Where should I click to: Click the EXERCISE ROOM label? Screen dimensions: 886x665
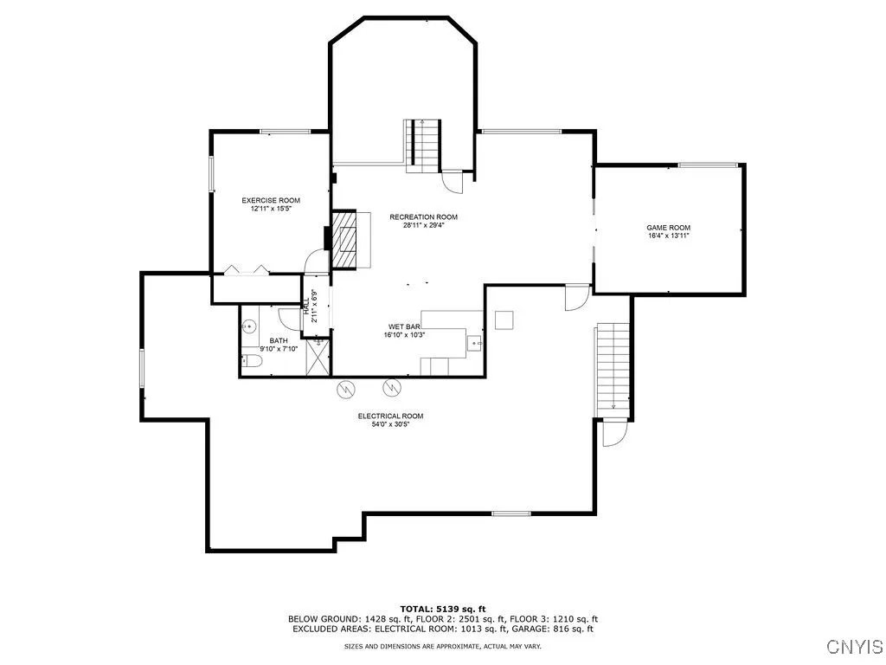[x=271, y=200]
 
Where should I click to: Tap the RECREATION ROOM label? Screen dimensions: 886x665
[x=423, y=216]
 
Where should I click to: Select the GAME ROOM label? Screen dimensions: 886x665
[x=669, y=228]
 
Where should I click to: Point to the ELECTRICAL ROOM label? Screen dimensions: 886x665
[x=390, y=416]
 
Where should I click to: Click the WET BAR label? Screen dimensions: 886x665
[x=404, y=326]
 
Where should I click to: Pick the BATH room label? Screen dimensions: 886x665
[x=279, y=340]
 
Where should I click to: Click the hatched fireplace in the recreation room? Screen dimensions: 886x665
[x=344, y=240]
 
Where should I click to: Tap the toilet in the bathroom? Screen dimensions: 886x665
[x=251, y=361]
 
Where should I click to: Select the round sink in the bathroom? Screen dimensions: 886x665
[x=248, y=326]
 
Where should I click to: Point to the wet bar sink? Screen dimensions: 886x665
[x=475, y=343]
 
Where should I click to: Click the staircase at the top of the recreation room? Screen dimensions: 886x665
[x=422, y=145]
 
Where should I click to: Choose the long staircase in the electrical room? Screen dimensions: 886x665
[x=613, y=370]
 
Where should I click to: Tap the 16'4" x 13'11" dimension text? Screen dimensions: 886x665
[x=669, y=236]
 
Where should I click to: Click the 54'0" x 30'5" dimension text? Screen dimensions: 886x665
[x=390, y=424]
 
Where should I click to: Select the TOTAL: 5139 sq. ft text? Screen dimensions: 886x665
[x=443, y=609]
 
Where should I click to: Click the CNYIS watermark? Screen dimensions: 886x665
[x=855, y=646]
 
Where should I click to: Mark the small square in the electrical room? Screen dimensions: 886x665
[x=504, y=320]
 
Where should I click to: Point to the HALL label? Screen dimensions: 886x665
[x=306, y=307]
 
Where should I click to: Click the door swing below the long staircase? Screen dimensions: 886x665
[x=615, y=433]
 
